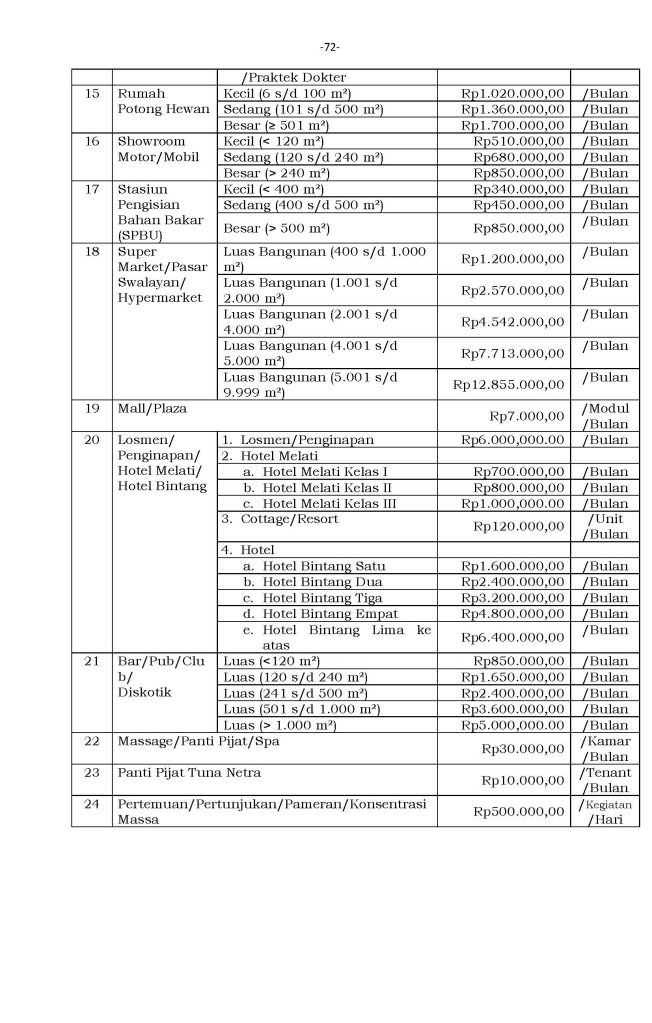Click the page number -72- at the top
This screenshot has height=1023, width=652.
pos(330,47)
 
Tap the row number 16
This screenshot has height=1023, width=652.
pos(92,141)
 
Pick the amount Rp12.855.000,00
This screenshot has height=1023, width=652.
pos(509,384)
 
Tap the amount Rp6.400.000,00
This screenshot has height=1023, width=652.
pos(513,637)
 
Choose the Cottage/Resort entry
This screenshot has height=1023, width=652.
pos(282,519)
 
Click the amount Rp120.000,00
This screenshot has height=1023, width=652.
pos(519,526)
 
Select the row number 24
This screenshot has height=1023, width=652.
pos(92,804)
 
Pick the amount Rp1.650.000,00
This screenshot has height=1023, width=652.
pos(513,676)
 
